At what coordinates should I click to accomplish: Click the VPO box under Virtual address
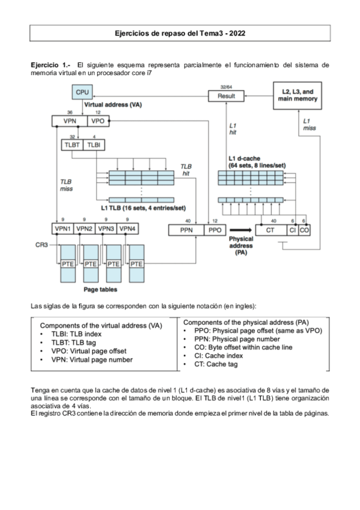pyautogui.click(x=97, y=121)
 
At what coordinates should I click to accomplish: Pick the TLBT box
pyautogui.click(x=72, y=145)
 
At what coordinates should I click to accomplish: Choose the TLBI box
pyautogui.click(x=94, y=145)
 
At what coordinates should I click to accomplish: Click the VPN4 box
pyautogui.click(x=126, y=229)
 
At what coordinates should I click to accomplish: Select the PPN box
pyautogui.click(x=186, y=230)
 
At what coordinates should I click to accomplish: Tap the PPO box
pyautogui.click(x=215, y=230)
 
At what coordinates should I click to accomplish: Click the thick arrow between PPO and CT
pyautogui.click(x=239, y=230)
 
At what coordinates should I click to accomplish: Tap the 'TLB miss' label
pyautogui.click(x=66, y=185)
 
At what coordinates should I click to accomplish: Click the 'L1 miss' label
pyautogui.click(x=308, y=124)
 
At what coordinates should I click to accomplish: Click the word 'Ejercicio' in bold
pyautogui.click(x=46, y=63)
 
